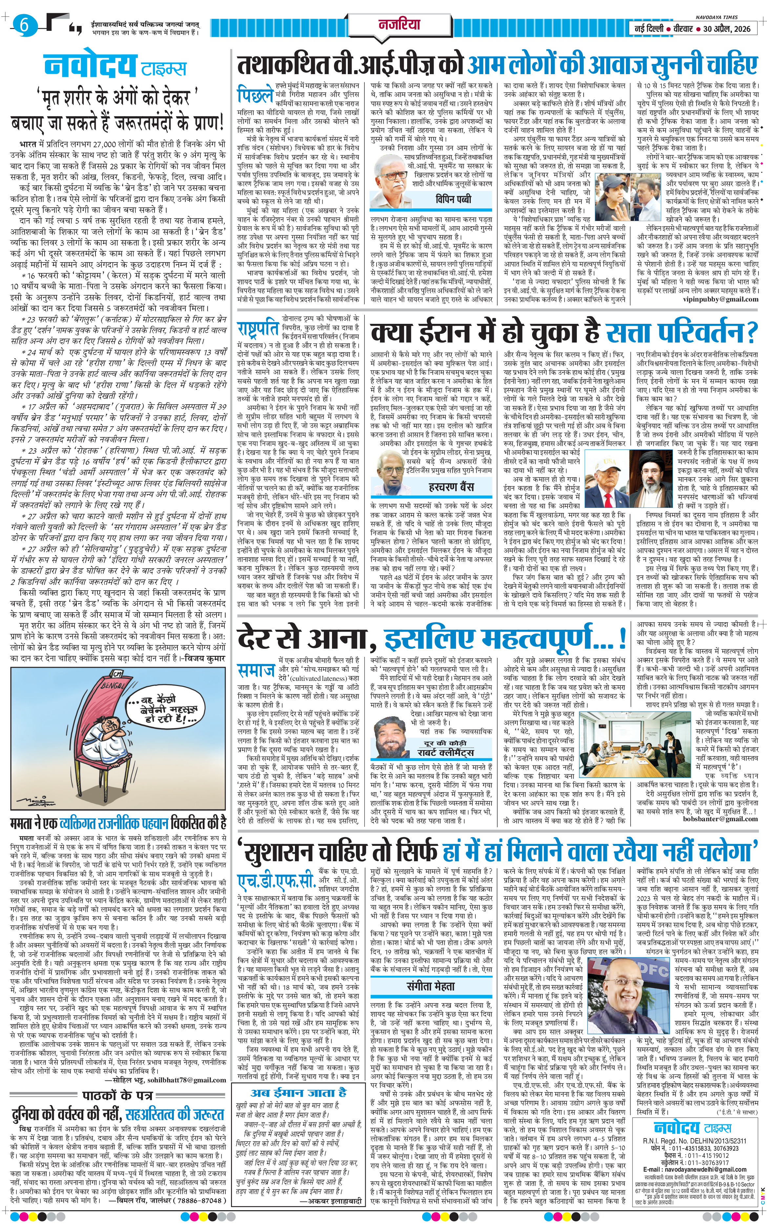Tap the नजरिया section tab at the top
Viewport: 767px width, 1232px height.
click(x=400, y=24)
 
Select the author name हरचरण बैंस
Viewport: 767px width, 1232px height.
click(x=451, y=487)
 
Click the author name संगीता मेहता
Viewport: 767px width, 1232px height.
click(x=431, y=986)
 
